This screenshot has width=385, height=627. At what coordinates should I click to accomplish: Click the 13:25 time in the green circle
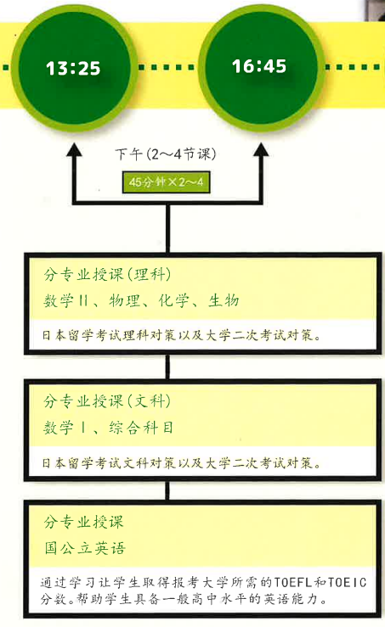tap(73, 69)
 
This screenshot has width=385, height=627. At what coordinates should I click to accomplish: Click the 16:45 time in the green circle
tap(259, 66)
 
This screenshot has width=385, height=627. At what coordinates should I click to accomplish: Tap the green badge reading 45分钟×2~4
tap(167, 182)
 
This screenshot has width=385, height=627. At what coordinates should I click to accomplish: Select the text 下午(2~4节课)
tap(166, 154)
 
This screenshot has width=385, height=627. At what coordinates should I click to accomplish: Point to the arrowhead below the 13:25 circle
tap(74, 150)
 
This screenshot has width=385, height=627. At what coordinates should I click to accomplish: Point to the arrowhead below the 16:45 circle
tap(261, 150)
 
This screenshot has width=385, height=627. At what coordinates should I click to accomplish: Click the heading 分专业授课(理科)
tap(107, 275)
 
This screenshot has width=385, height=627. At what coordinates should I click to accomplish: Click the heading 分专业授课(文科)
tap(107, 401)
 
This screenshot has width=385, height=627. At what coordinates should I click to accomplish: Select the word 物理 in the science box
tap(125, 300)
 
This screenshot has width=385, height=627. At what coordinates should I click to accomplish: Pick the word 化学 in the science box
tap(173, 300)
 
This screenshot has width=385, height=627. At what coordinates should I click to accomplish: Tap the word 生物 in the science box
tap(224, 300)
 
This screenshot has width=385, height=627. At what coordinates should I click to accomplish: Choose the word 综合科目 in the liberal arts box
tap(141, 428)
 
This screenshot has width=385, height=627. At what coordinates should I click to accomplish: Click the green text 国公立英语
tap(85, 548)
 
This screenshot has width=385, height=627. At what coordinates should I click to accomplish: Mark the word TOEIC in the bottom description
tap(348, 582)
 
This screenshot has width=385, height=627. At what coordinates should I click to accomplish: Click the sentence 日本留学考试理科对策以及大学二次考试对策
tap(182, 335)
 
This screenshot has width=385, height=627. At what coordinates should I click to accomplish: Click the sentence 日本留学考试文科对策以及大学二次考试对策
tap(182, 463)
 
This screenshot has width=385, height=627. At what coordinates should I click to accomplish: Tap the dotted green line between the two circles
tap(167, 67)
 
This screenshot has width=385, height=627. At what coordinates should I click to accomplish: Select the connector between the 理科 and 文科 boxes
tap(167, 367)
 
